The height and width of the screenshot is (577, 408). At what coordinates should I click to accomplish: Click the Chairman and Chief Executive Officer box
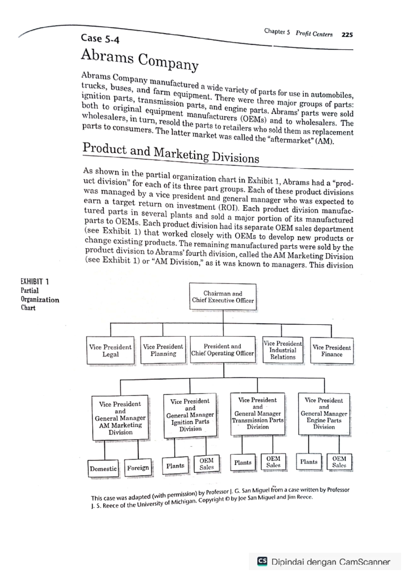tap(223, 297)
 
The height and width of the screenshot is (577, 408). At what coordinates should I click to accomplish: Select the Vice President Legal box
tap(111, 351)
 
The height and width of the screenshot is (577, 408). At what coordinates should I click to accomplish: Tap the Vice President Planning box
tap(163, 350)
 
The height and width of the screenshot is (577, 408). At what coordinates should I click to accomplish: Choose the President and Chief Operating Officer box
tap(223, 350)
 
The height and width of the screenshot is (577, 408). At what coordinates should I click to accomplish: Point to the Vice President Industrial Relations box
tap(283, 350)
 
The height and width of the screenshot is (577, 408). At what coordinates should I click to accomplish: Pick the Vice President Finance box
tap(331, 351)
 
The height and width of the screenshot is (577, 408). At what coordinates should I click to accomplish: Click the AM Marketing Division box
tap(120, 418)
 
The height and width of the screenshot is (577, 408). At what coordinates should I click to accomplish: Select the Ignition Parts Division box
tap(190, 415)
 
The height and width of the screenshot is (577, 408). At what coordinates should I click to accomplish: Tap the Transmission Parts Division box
tap(257, 414)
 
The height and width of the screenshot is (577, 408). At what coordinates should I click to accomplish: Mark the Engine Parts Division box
tap(324, 414)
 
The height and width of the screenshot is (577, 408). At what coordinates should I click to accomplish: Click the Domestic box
tap(103, 469)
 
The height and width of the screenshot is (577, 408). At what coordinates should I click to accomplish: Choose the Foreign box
tap(138, 468)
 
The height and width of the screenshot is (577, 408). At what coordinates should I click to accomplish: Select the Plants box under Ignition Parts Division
tap(175, 466)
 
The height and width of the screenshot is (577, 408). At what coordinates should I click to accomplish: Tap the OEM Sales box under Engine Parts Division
tap(339, 462)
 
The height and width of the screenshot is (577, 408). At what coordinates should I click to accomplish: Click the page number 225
tap(347, 35)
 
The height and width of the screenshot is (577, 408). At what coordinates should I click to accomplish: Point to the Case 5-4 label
tap(100, 38)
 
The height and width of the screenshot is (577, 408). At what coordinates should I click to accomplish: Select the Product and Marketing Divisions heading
tap(171, 153)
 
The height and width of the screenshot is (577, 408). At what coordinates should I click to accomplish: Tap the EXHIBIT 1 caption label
tap(35, 281)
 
